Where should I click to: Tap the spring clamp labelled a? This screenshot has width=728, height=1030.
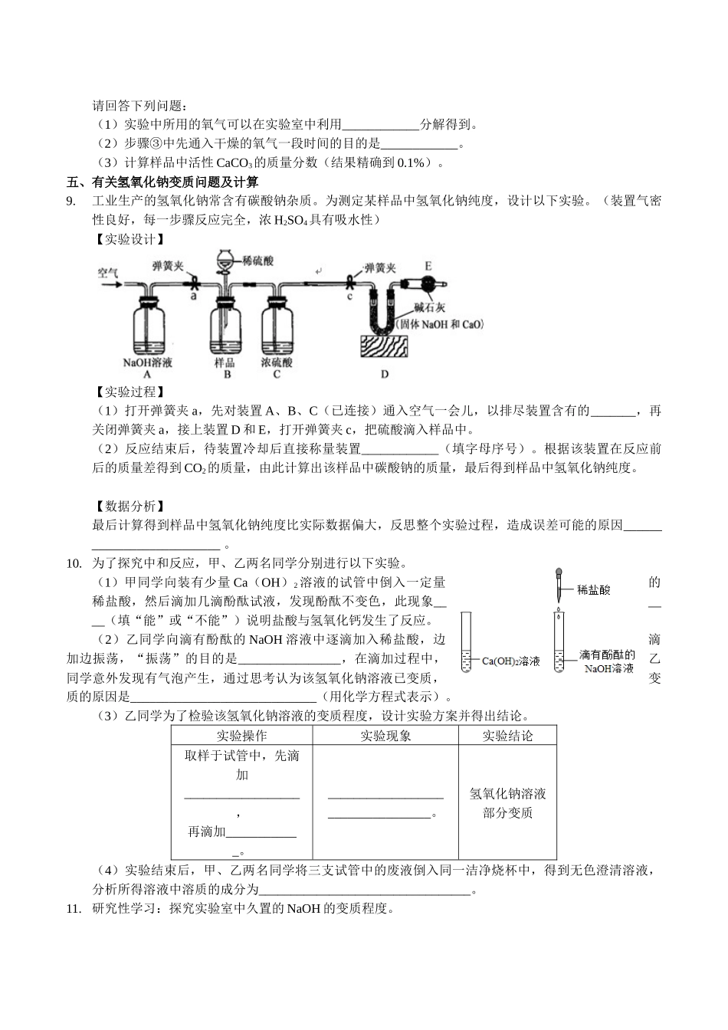click(195, 282)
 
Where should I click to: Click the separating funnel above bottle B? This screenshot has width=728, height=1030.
click(225, 264)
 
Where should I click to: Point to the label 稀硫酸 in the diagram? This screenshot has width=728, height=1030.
click(257, 261)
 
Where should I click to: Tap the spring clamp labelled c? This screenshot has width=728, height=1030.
click(351, 282)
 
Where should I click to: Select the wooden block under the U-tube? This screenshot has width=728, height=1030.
click(385, 347)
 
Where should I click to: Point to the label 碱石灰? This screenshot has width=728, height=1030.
click(429, 308)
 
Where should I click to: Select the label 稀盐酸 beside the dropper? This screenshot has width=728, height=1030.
click(594, 590)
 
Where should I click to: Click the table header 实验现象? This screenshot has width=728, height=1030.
click(385, 736)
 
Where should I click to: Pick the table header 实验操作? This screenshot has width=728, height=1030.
click(241, 736)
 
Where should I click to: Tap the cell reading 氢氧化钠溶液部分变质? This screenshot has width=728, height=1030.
click(507, 802)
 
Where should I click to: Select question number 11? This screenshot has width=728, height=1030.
click(74, 910)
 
